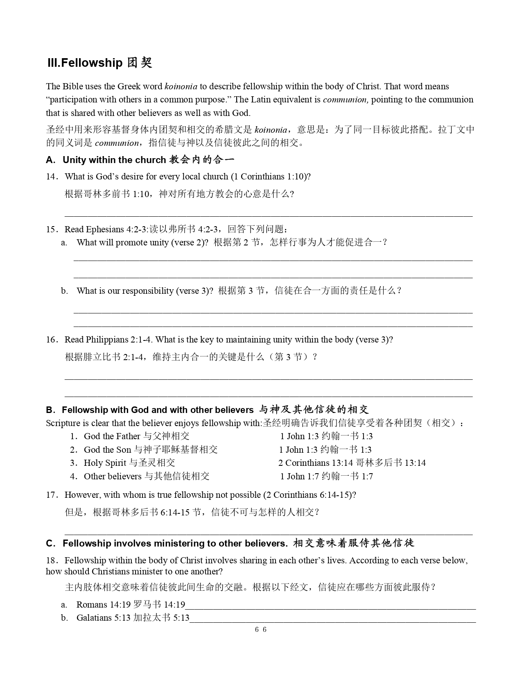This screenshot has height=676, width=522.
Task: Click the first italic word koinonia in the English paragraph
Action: pyautogui.click(x=181, y=86)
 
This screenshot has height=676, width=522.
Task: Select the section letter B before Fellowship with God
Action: pyautogui.click(x=49, y=410)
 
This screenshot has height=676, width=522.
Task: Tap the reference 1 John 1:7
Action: pyautogui.click(x=299, y=476)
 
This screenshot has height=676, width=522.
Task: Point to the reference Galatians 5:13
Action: pyautogui.click(x=104, y=618)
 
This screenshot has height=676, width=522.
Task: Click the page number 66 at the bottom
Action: pyautogui.click(x=261, y=630)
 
